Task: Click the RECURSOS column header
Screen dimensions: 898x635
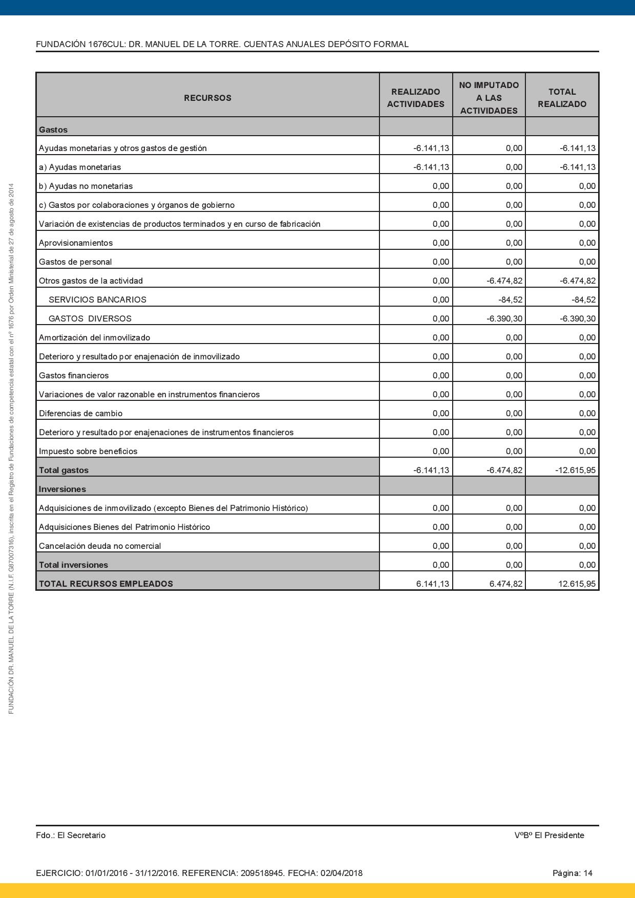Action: click(x=207, y=98)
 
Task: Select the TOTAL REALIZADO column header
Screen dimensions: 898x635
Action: click(x=562, y=98)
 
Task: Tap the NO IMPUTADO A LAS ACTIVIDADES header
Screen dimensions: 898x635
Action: click(x=489, y=98)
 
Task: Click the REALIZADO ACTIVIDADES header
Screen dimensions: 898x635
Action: click(x=415, y=98)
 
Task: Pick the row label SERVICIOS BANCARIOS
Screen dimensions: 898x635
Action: click(x=97, y=300)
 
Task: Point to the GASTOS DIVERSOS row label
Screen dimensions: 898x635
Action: click(x=90, y=318)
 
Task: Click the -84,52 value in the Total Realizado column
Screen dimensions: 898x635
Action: click(x=583, y=300)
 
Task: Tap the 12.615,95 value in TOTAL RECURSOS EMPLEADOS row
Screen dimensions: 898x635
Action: click(x=577, y=584)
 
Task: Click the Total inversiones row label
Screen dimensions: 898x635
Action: click(x=73, y=565)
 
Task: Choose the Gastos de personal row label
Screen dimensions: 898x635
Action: click(x=75, y=262)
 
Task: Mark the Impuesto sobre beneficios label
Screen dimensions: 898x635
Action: click(x=88, y=451)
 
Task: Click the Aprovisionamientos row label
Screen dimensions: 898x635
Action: click(x=76, y=243)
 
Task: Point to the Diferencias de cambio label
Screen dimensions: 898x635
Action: click(x=80, y=413)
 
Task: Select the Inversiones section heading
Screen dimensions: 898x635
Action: click(x=62, y=489)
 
